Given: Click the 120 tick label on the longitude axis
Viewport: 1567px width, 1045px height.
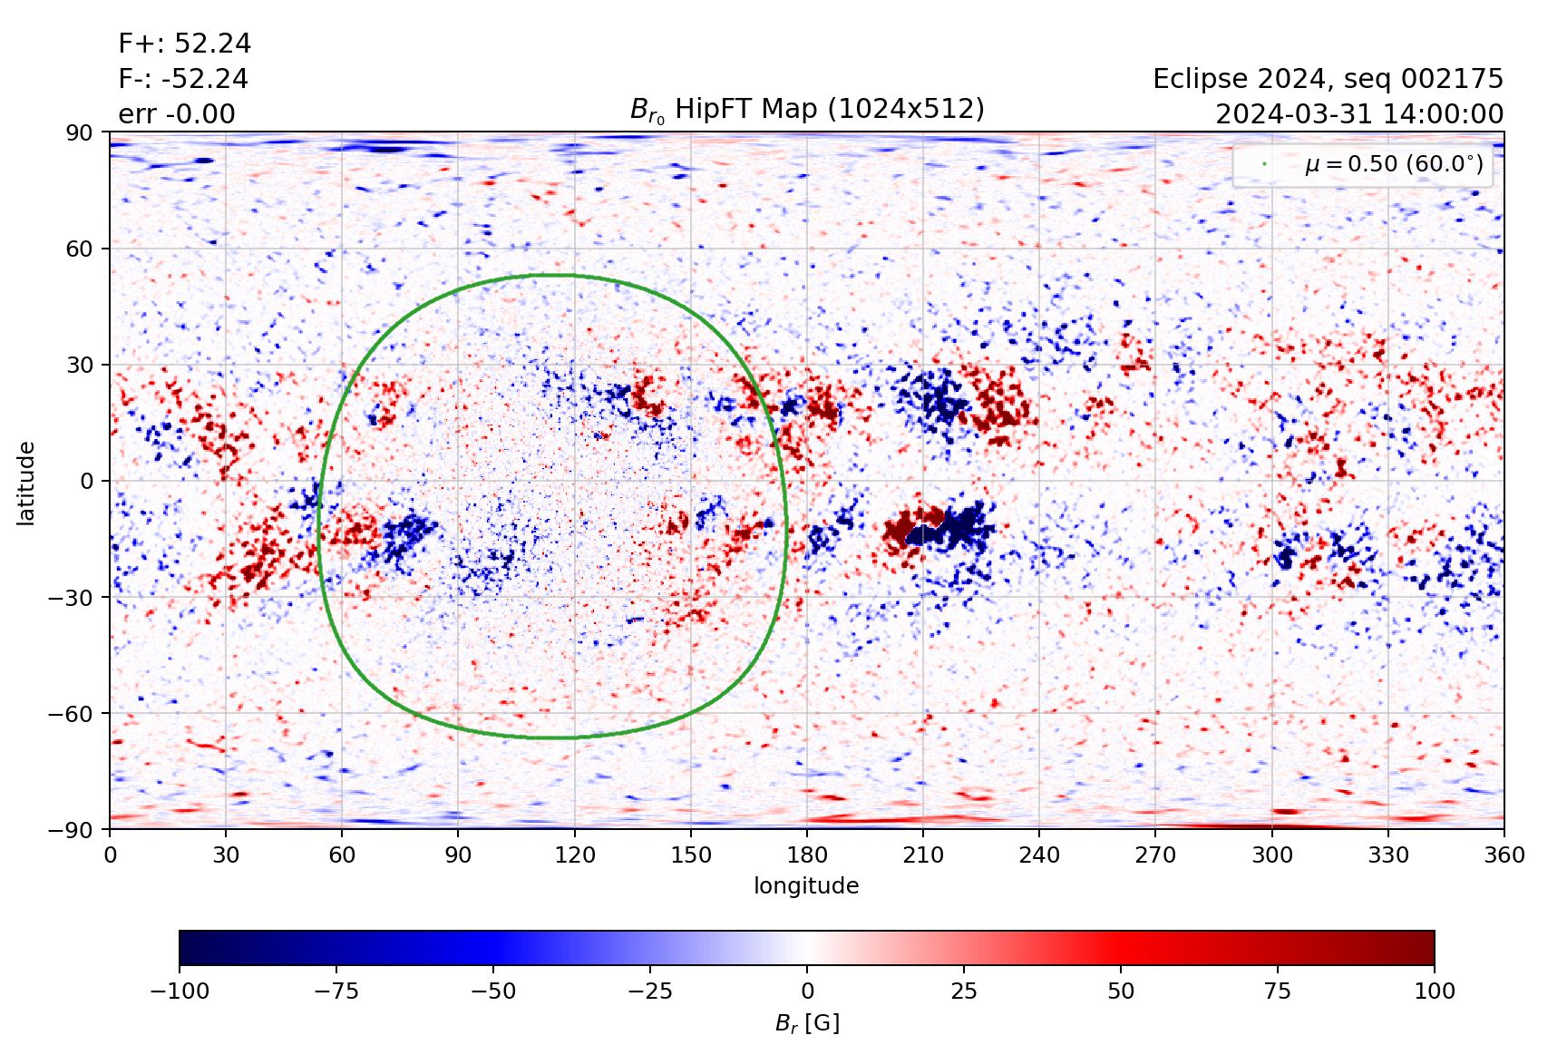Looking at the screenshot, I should pos(575,855).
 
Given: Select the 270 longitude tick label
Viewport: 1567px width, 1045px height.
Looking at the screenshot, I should pos(1155,855).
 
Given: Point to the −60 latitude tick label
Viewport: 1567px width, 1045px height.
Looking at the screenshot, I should pos(73,713).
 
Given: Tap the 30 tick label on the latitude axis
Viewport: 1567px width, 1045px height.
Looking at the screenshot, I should pos(80,365).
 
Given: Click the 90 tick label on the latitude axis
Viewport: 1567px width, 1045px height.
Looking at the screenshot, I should pos(80,132).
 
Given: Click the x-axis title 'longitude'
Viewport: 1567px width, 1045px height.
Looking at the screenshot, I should pos(806,885).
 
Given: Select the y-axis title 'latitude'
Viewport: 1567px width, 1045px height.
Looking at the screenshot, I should pos(26,483).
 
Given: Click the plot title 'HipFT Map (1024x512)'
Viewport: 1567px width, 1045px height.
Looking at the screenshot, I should pos(807,110).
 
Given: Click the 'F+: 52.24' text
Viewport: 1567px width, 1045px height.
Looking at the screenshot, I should pos(185,44).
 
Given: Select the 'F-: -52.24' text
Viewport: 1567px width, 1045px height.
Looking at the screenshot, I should pos(183,79).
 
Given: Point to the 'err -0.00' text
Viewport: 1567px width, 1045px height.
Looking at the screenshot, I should pos(177,114).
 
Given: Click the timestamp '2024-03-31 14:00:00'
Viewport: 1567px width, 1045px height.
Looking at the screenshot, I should pos(1358,114).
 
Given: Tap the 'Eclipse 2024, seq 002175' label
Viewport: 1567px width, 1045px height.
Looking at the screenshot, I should pos(1328,79).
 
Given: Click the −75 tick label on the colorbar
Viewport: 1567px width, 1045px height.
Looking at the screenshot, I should pos(336,991).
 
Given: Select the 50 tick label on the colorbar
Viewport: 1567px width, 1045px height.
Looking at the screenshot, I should pos(1121,991).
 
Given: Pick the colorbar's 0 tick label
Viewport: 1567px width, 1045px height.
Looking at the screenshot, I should pos(807,991).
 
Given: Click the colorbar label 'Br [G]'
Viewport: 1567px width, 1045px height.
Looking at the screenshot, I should pos(807,1023).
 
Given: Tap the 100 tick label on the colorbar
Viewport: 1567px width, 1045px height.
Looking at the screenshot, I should pos(1434,991).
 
